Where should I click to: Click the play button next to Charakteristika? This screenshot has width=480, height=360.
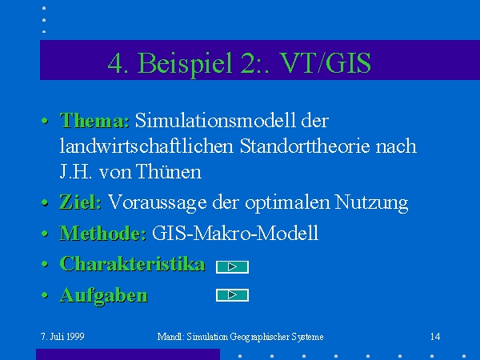pos(232,267)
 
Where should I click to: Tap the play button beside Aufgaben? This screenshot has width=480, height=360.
pos(232,295)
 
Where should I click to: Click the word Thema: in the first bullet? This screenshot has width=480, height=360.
pos(94,120)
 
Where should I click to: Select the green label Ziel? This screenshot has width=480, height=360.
pos(81,202)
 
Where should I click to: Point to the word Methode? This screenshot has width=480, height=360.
pos(103,233)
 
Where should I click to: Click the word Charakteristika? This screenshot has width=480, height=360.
pos(132,263)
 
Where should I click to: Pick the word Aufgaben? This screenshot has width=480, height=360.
pos(104,296)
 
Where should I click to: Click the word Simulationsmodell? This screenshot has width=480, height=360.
pos(216,120)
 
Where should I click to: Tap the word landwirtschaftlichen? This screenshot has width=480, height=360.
pos(146,146)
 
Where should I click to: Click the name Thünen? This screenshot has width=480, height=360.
pos(169,171)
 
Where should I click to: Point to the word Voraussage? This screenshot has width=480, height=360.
pos(158,202)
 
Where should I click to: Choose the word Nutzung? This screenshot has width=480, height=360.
pos(372,202)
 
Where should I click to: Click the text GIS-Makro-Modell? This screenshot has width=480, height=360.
pos(235,233)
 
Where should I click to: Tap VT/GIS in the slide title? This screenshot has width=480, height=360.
pos(326,62)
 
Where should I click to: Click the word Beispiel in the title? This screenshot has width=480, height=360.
pos(186,63)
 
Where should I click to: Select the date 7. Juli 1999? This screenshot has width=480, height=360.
pos(62,337)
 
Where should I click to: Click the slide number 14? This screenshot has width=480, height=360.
pos(435,337)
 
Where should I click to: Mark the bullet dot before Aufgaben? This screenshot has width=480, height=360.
pos(45,295)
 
